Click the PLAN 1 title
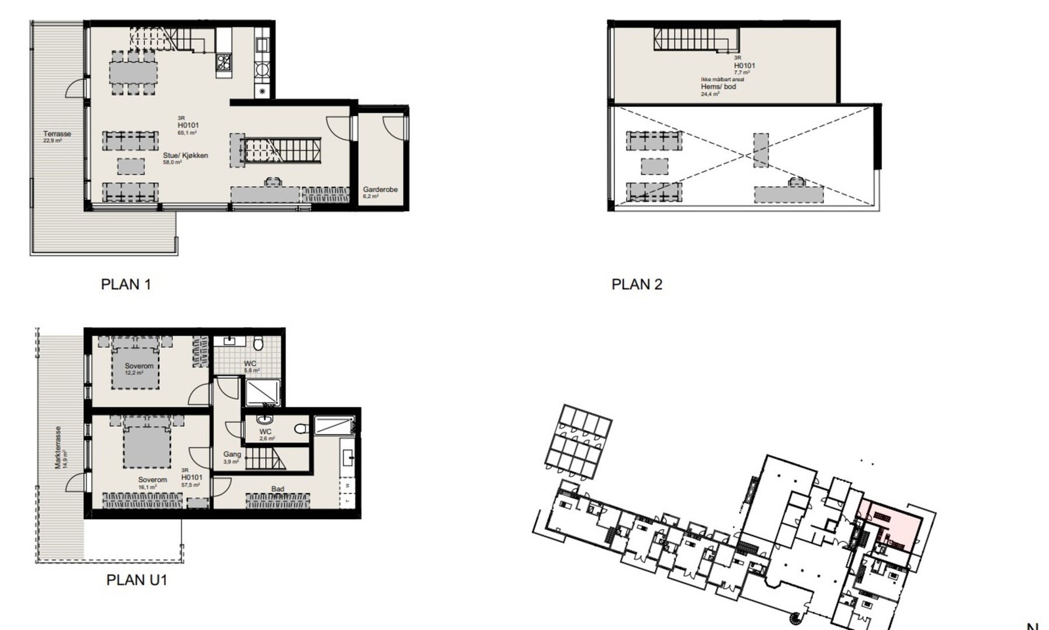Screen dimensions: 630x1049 [x=126, y=285]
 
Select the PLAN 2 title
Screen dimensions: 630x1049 [x=637, y=285]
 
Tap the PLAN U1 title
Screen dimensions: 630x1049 [x=136, y=580]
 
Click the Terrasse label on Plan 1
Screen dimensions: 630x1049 [x=57, y=134]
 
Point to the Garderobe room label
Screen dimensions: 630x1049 [x=380, y=189]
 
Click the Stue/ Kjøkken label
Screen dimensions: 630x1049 [x=186, y=155]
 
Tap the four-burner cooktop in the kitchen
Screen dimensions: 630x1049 [x=224, y=62]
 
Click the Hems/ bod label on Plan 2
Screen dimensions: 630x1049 [x=719, y=87]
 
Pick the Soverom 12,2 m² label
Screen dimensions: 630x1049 [x=139, y=366]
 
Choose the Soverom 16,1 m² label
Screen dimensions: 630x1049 [x=152, y=480]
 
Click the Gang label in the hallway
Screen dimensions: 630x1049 [x=232, y=454]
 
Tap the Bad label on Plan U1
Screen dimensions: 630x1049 [x=277, y=489]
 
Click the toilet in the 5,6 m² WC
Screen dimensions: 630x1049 [x=260, y=343]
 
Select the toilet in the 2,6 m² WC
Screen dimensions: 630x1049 [x=301, y=429]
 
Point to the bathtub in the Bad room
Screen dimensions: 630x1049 [x=334, y=426]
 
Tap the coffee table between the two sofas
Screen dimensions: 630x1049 [x=131, y=166]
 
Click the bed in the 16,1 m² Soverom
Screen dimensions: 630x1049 [x=146, y=444]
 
